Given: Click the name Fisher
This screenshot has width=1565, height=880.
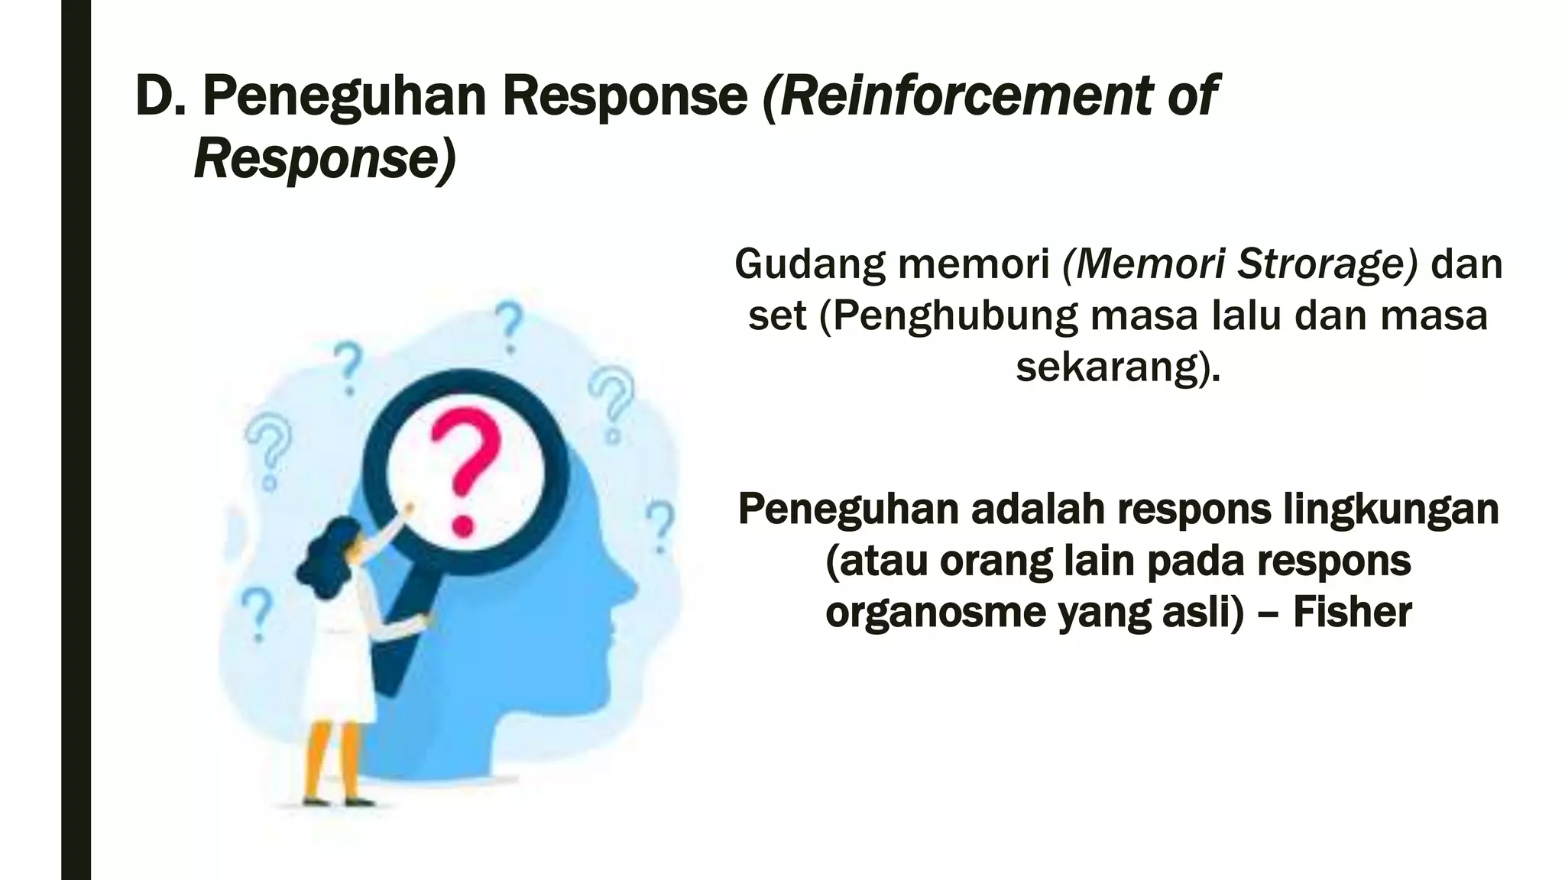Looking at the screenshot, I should click(x=1352, y=613).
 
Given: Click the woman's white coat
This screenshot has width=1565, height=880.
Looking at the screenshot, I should click(x=340, y=665).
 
